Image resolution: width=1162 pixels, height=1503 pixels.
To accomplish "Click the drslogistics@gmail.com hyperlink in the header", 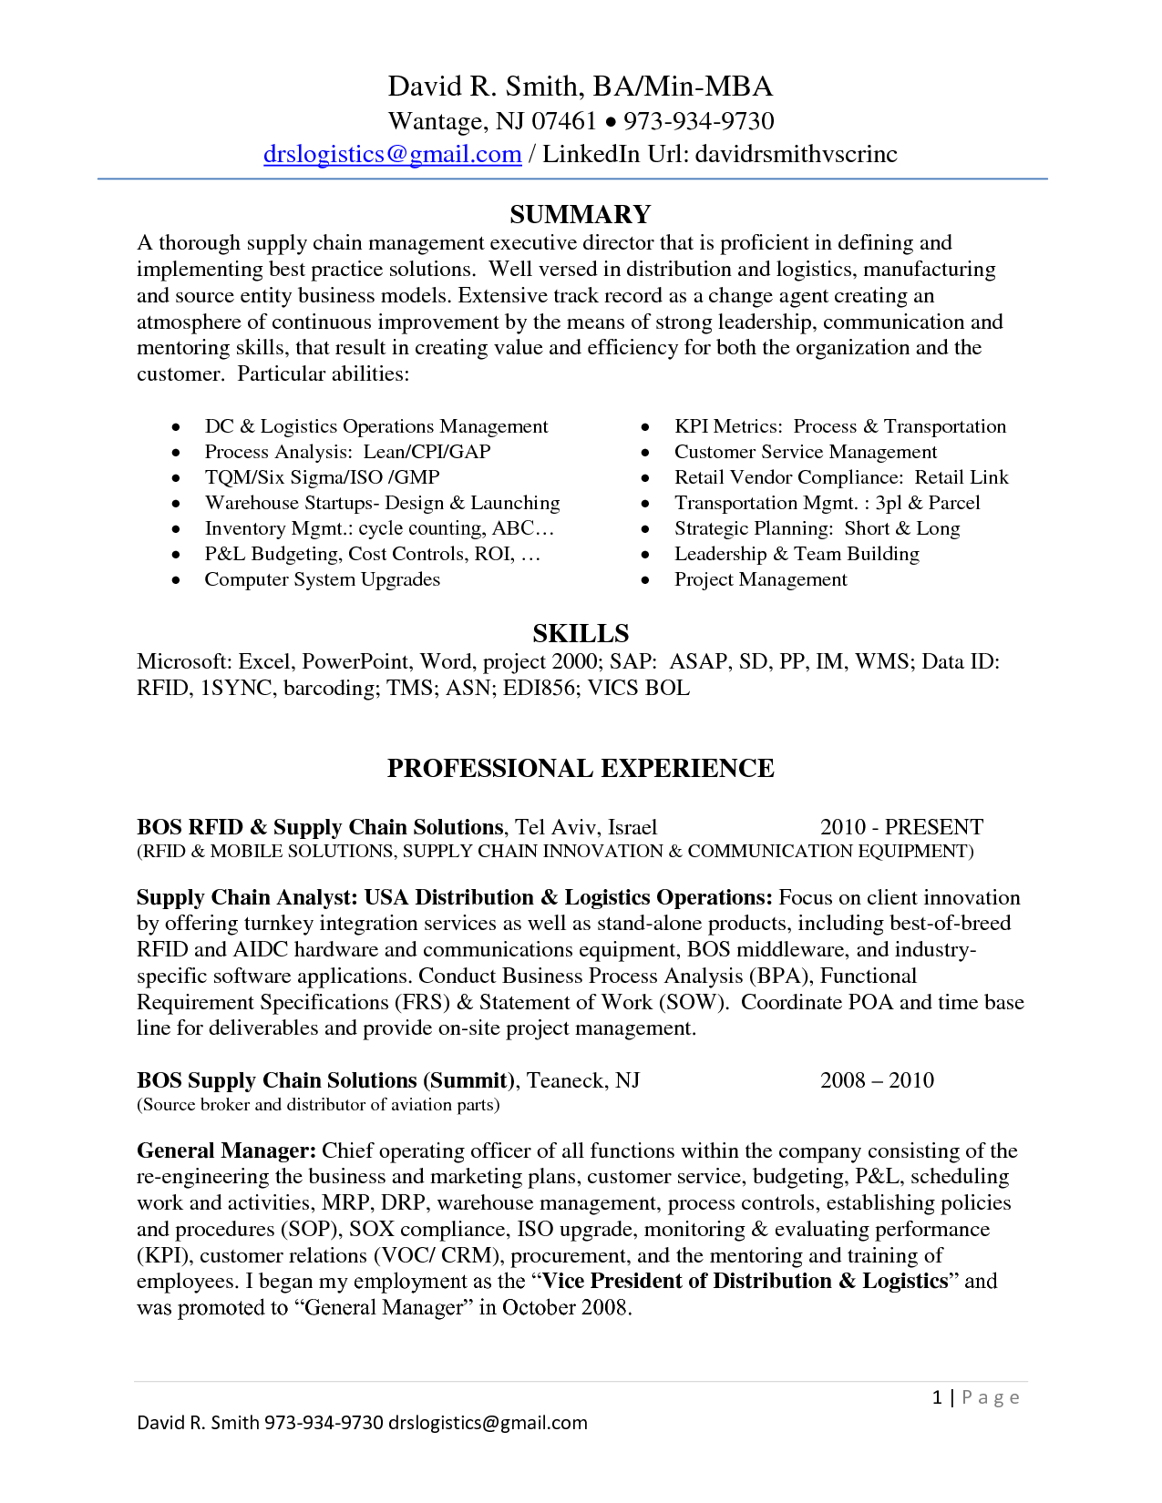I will (392, 154).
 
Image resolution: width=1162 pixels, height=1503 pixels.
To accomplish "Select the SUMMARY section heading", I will (581, 214).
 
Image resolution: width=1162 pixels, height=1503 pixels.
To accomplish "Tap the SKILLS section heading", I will (581, 633).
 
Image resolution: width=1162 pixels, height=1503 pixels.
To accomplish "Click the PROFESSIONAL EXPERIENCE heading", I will (581, 768).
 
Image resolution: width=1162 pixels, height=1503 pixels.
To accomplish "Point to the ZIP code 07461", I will (564, 121).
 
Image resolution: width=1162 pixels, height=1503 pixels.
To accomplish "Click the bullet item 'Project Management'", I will (760, 579).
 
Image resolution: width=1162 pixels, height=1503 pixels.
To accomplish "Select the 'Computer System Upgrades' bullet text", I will (322, 579).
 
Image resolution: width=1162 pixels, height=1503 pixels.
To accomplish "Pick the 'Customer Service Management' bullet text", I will (805, 452).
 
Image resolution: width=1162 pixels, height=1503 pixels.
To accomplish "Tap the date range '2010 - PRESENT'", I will (901, 826).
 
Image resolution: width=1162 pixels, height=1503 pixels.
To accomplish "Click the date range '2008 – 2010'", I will (877, 1079).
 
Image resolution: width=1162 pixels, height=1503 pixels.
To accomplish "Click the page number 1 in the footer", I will (937, 1397).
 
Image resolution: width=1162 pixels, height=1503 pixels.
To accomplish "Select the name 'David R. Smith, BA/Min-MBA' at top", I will (581, 87).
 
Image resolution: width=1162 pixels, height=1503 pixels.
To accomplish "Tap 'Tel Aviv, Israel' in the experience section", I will (586, 826).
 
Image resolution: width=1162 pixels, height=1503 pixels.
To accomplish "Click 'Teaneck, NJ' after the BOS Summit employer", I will (583, 1079).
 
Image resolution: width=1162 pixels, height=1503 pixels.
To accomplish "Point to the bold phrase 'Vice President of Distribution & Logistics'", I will (746, 1281).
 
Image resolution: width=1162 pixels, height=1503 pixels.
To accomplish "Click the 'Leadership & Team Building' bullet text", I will (797, 554).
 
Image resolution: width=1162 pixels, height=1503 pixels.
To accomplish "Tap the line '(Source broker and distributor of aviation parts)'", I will (318, 1104).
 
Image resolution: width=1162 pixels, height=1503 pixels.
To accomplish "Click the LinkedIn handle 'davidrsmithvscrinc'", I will (796, 154).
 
